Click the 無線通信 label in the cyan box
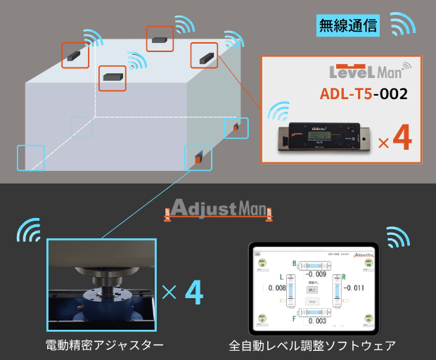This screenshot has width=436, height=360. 348,27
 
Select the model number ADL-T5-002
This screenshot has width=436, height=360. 363,94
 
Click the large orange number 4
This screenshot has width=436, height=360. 402,139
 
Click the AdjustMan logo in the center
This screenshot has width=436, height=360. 217,208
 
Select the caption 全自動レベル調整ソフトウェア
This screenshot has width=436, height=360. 312,345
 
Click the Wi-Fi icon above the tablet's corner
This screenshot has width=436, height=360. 398,238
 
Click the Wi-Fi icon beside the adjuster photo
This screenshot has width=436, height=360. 29,231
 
